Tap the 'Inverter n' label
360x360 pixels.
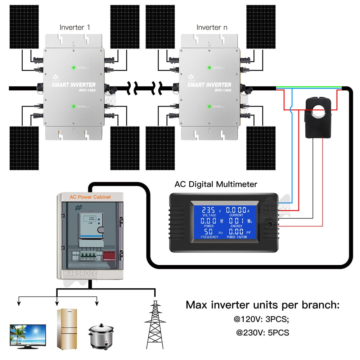(212, 27)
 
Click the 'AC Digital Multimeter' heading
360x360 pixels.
(216, 184)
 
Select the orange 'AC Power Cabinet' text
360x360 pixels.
(90, 197)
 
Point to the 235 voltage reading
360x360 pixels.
(208, 210)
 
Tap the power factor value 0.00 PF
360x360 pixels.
(234, 231)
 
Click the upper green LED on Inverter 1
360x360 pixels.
(73, 67)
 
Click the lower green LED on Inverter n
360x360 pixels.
(209, 106)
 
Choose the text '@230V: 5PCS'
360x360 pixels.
(262, 333)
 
